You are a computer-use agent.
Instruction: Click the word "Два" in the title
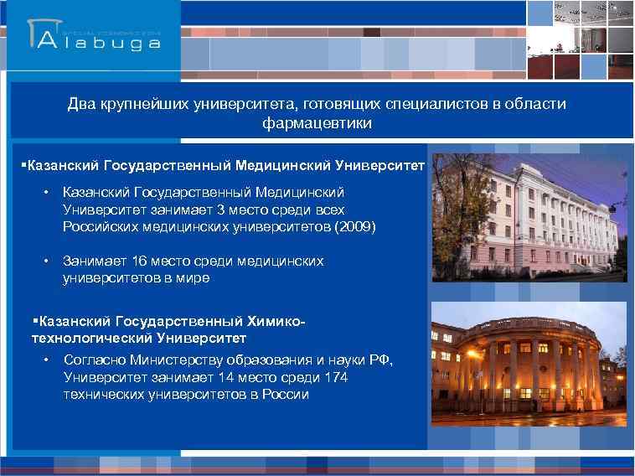point(82,105)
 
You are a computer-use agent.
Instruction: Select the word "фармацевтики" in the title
point(317,123)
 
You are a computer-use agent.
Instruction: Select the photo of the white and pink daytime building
point(529,220)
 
